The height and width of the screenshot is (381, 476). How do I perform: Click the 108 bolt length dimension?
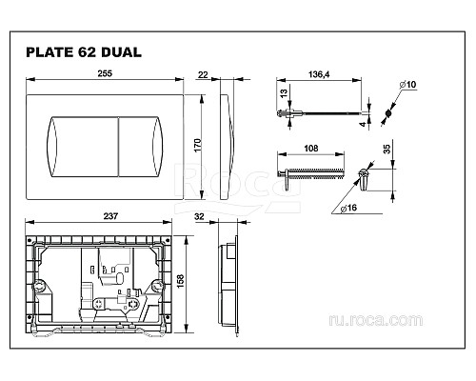click(x=309, y=148)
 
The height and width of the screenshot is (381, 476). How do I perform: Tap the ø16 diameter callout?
click(x=352, y=209)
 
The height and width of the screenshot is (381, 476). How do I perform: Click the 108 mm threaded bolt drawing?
click(x=309, y=174)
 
